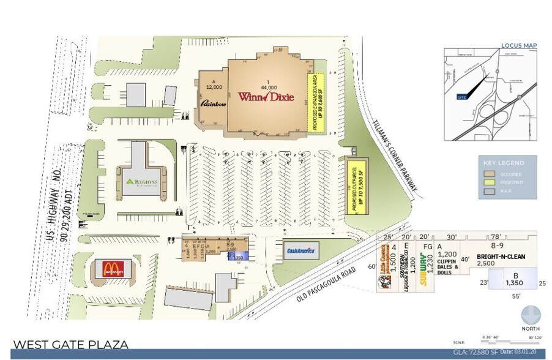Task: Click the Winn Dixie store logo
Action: click(x=266, y=97)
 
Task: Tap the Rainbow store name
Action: click(x=214, y=104)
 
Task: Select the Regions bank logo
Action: click(x=142, y=182)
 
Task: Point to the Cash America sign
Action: click(x=301, y=250)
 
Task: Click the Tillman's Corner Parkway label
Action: click(x=394, y=156)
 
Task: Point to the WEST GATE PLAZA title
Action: click(x=71, y=345)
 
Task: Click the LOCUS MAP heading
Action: click(x=518, y=45)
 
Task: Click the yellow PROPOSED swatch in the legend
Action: click(x=488, y=182)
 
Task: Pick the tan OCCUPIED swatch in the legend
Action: click(x=488, y=174)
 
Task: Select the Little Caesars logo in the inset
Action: click(x=385, y=273)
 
